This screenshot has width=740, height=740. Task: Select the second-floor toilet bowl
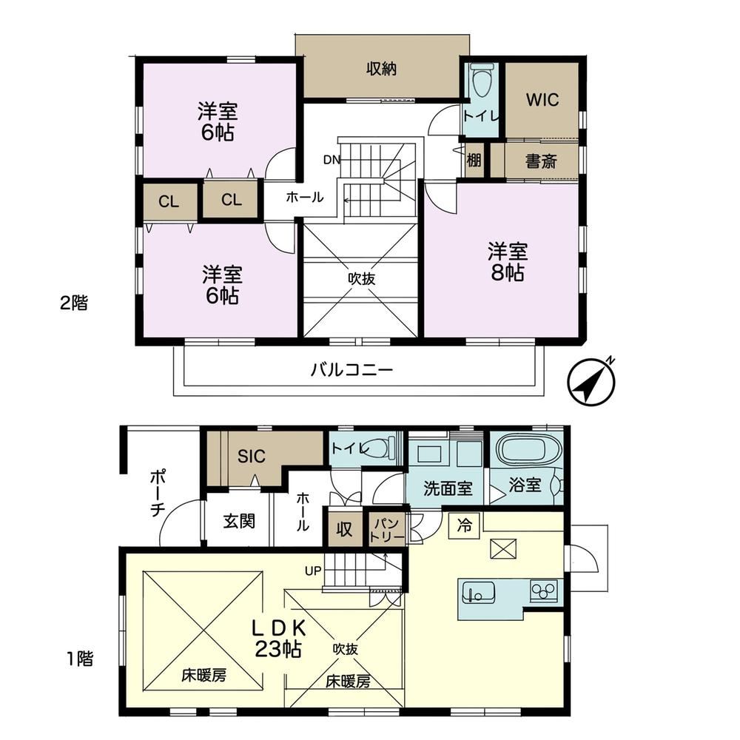pyautogui.click(x=482, y=82)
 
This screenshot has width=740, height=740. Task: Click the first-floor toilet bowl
pyautogui.click(x=380, y=447)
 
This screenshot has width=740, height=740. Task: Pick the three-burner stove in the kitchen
pyautogui.click(x=544, y=591)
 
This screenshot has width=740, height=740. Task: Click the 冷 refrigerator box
pyautogui.click(x=465, y=525)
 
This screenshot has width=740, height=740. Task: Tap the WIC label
pyautogui.click(x=542, y=100)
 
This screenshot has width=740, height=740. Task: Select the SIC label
pyautogui.click(x=252, y=457)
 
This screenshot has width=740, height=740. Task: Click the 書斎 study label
pyautogui.click(x=542, y=162)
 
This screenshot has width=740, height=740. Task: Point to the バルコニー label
pyautogui.click(x=352, y=369)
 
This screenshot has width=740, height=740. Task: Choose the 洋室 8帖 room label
pyautogui.click(x=508, y=262)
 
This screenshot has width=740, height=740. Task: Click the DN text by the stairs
pyautogui.click(x=332, y=160)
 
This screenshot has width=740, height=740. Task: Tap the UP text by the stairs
pyautogui.click(x=313, y=571)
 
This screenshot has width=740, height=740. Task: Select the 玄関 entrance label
pyautogui.click(x=239, y=522)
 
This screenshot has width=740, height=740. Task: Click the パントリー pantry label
pyautogui.click(x=386, y=530)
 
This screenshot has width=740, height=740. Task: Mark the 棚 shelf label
pyautogui.click(x=474, y=161)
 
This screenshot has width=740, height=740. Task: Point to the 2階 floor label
pyautogui.click(x=73, y=303)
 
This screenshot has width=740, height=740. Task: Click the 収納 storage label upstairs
pyautogui.click(x=381, y=70)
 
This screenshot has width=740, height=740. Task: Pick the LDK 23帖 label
pyautogui.click(x=278, y=639)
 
